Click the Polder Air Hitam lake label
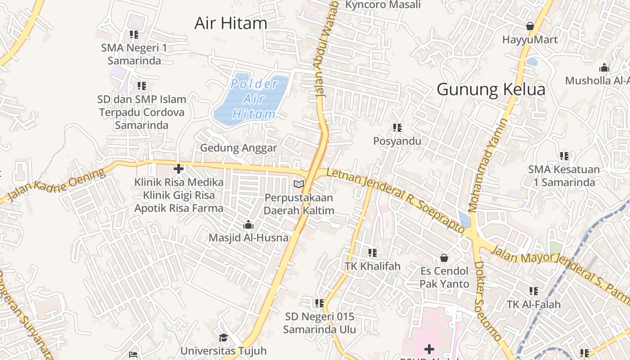click(253, 99)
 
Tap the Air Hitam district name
click(231, 23)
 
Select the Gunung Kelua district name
click(491, 90)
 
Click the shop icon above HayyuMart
click(530, 26)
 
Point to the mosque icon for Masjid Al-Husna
click(248, 225)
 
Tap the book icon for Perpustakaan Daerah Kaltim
click(299, 184)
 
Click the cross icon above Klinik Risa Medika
click(179, 169)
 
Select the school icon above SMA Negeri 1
click(134, 35)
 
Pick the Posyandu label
click(397, 141)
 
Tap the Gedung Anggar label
click(238, 148)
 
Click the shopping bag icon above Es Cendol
click(444, 258)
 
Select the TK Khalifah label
click(373, 266)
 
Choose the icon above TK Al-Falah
click(534, 291)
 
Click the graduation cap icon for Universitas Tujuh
click(223, 338)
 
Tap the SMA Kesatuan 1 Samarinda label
click(564, 176)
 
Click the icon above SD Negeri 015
click(319, 303)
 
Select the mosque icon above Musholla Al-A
click(604, 68)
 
